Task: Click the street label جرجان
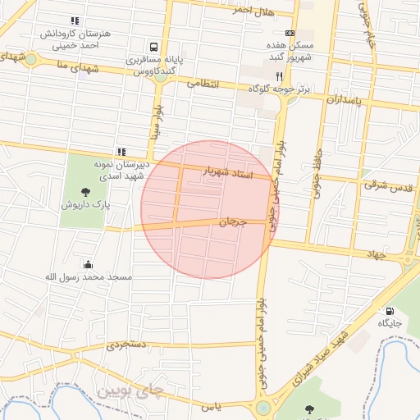[x=233, y=221]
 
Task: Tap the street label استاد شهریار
[x=237, y=172]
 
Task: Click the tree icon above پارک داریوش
[x=86, y=192]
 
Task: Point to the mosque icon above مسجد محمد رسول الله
[x=88, y=264]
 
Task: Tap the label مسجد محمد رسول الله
[x=88, y=277]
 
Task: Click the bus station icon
[x=154, y=47]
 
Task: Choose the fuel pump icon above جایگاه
[x=388, y=311]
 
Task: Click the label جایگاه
[x=388, y=324]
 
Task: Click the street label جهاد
[x=376, y=255]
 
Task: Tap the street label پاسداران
[x=344, y=99]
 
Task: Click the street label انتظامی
[x=203, y=83]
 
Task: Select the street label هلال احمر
[x=252, y=10]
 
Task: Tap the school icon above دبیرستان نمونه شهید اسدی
[x=121, y=151]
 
